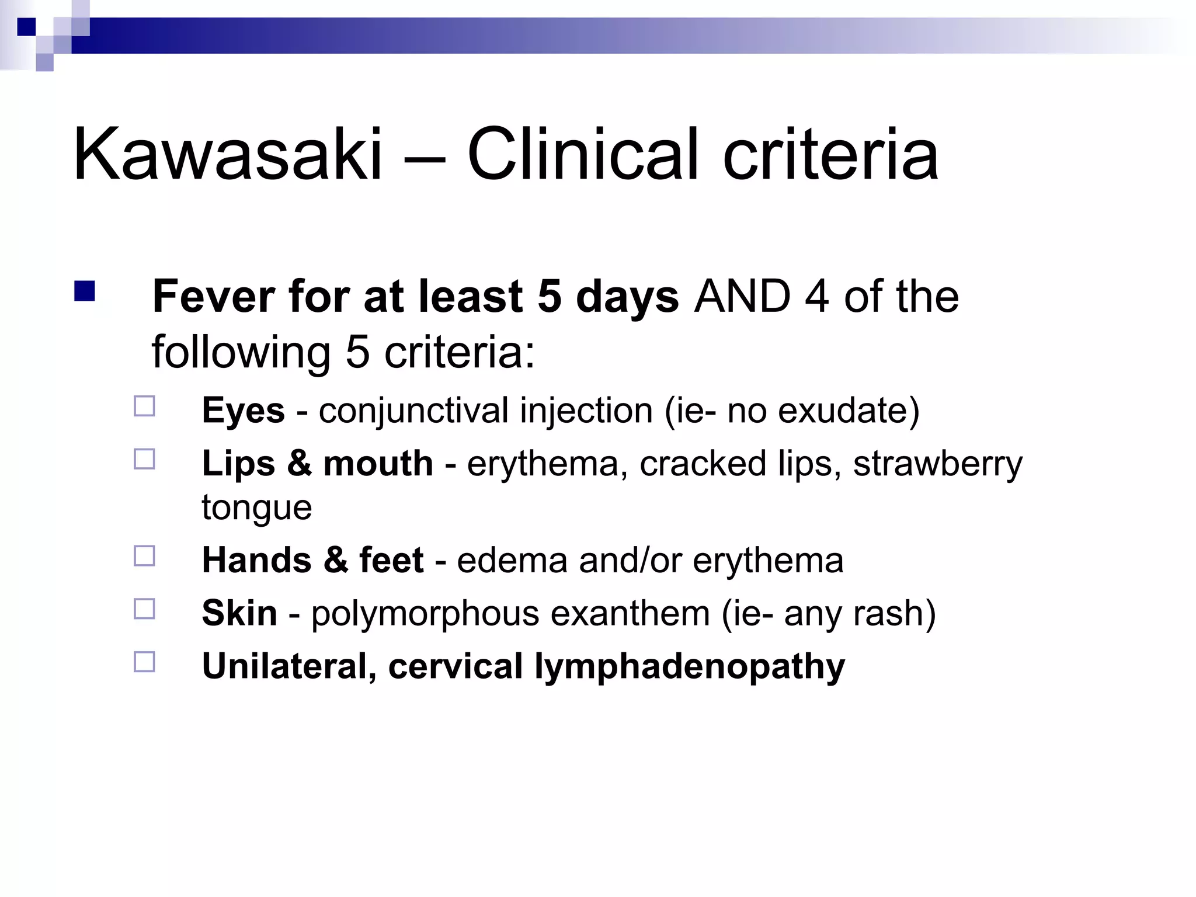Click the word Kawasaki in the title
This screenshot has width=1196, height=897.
228,155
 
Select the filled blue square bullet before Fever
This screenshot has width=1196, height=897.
85,291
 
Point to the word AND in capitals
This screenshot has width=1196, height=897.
742,297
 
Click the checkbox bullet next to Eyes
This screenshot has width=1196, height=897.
144,406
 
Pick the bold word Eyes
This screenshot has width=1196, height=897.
243,411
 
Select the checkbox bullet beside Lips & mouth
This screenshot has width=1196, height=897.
144,459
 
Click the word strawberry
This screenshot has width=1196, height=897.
937,464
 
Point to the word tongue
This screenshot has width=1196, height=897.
256,507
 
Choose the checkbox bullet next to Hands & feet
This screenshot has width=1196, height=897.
144,556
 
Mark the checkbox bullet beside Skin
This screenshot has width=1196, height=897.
144,609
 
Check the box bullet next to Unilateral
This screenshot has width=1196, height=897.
144,662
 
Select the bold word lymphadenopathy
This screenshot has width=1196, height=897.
690,667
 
